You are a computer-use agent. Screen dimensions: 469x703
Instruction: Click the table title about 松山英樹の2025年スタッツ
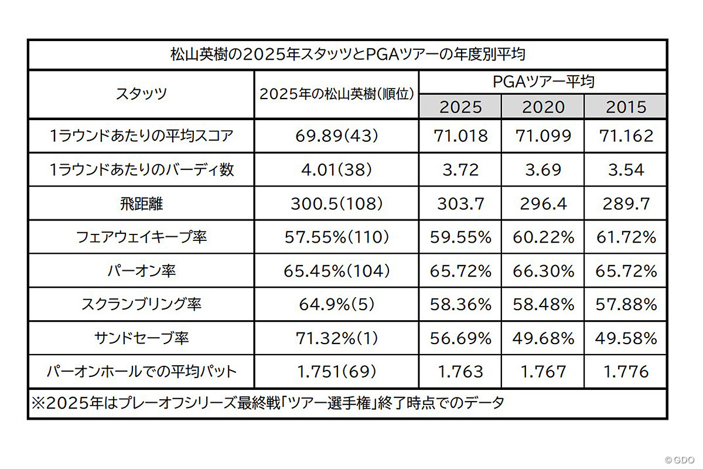[347, 55]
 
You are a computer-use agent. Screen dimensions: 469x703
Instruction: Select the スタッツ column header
[141, 94]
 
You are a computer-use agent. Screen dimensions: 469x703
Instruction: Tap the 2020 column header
[543, 107]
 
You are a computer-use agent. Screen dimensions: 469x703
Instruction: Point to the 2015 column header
[626, 107]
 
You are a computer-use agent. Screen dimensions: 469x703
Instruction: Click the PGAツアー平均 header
[543, 81]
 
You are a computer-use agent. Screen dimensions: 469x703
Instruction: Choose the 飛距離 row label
[141, 203]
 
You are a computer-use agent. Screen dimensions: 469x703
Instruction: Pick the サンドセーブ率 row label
[141, 338]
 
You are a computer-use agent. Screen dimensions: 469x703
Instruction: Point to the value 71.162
[626, 136]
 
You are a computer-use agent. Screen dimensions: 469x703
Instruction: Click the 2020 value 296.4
[543, 203]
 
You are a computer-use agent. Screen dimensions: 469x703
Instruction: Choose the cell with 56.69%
[460, 338]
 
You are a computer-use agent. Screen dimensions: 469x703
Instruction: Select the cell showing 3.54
[626, 170]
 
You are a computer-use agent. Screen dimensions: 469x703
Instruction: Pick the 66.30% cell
[543, 271]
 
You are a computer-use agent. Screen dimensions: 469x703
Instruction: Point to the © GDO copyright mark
[680, 458]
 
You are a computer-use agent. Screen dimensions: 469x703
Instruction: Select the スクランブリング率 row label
[141, 304]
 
